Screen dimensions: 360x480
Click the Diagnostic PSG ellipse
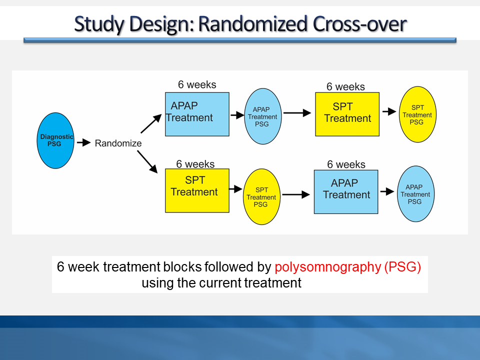pos(56,140)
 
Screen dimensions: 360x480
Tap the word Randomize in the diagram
pos(118,143)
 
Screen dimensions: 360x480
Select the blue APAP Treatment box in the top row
pos(197,114)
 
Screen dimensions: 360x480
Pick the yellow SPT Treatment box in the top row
pos(347,114)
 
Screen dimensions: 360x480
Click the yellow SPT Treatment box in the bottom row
pos(197,190)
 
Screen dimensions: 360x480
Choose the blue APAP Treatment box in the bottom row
pos(346,192)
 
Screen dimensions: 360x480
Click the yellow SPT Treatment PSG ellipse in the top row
pos(416,114)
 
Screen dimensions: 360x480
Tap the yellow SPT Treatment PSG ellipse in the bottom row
pos(261,196)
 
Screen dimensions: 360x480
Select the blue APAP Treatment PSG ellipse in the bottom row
pos(414,194)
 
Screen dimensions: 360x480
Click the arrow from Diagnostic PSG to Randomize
pos(82,143)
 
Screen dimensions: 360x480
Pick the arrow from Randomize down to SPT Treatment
pos(150,162)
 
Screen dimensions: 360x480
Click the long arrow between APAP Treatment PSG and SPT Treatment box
pos(297,113)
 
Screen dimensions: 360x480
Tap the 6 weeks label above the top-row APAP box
pos(197,84)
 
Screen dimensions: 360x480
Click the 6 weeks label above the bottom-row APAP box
pos(346,164)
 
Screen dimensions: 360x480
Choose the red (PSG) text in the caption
pos(402,267)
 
